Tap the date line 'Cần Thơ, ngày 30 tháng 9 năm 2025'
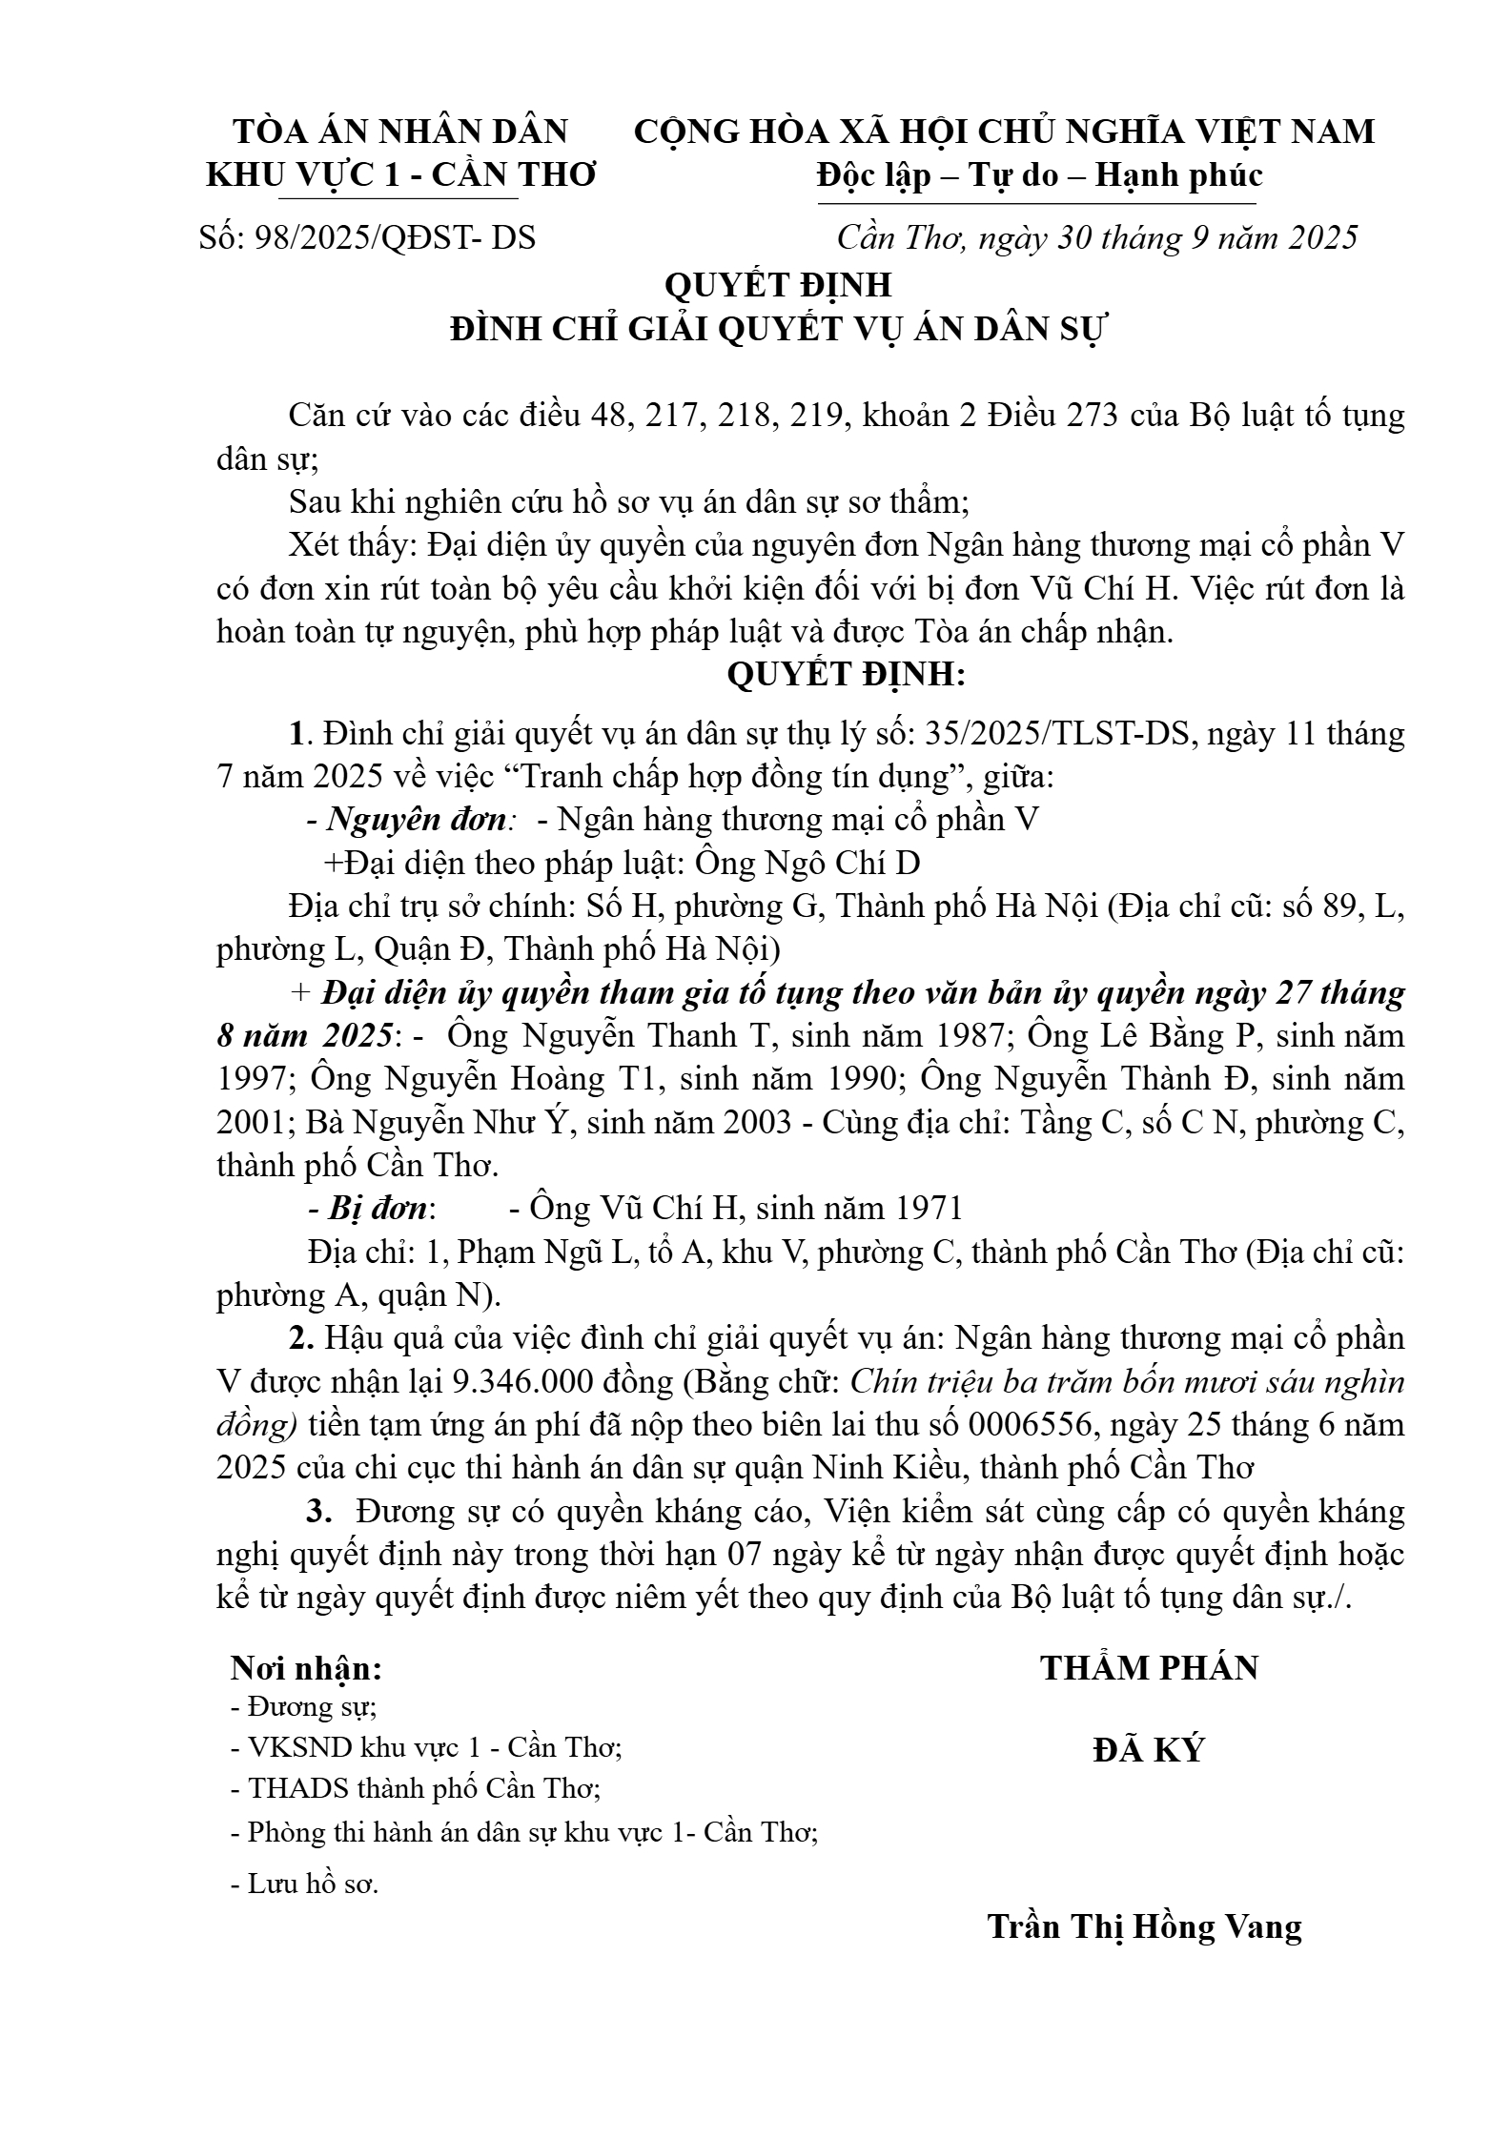1096,237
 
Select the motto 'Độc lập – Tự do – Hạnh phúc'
1039,174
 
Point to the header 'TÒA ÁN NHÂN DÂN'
400,131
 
